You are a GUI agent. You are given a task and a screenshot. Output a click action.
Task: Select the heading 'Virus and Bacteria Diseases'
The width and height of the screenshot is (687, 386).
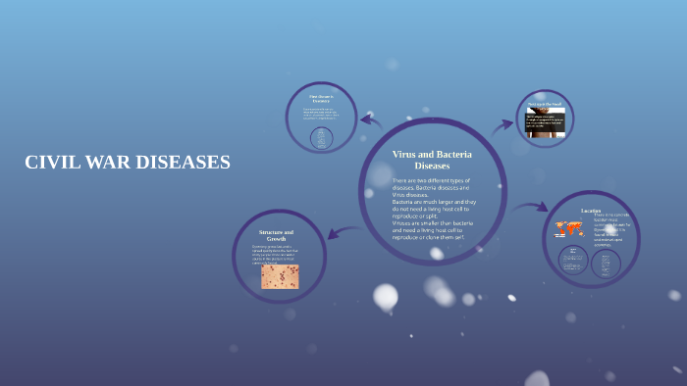tap(432, 161)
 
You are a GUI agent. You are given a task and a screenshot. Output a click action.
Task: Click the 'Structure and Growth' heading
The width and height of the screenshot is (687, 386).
tap(276, 236)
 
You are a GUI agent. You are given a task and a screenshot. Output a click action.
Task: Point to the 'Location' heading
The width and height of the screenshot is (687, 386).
tap(591, 211)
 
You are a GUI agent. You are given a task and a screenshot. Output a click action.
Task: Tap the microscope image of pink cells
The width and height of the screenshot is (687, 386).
tap(280, 276)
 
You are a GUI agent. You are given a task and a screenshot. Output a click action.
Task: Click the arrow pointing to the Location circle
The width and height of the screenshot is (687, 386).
tap(530, 208)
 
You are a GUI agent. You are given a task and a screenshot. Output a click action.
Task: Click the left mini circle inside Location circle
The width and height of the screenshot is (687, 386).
tap(574, 261)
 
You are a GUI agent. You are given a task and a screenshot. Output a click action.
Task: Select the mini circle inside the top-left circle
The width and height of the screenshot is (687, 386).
tap(320, 138)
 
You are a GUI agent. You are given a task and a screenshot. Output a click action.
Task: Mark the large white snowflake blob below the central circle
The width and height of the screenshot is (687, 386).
tap(386, 296)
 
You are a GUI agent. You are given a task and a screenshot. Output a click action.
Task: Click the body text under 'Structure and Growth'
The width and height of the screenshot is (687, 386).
tap(280, 255)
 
